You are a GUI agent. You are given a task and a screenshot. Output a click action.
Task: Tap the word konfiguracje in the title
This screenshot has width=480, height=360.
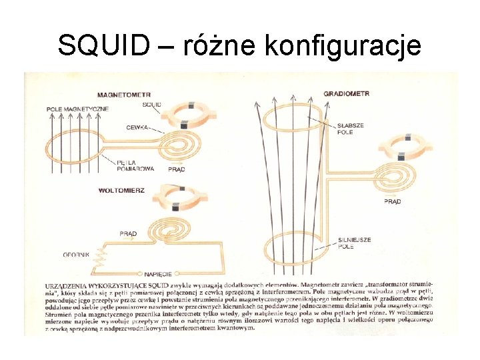coord(343,46)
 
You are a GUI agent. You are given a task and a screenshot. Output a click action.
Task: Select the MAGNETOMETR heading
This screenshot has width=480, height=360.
coord(123,94)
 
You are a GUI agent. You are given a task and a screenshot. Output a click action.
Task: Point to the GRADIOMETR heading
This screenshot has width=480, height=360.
coord(346,94)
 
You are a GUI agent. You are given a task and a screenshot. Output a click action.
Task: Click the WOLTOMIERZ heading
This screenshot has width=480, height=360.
coord(121,190)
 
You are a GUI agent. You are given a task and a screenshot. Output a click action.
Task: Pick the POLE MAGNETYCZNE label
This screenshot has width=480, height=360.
coord(77,109)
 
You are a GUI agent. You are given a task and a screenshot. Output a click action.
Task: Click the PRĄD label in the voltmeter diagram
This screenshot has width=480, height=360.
coord(128,233)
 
